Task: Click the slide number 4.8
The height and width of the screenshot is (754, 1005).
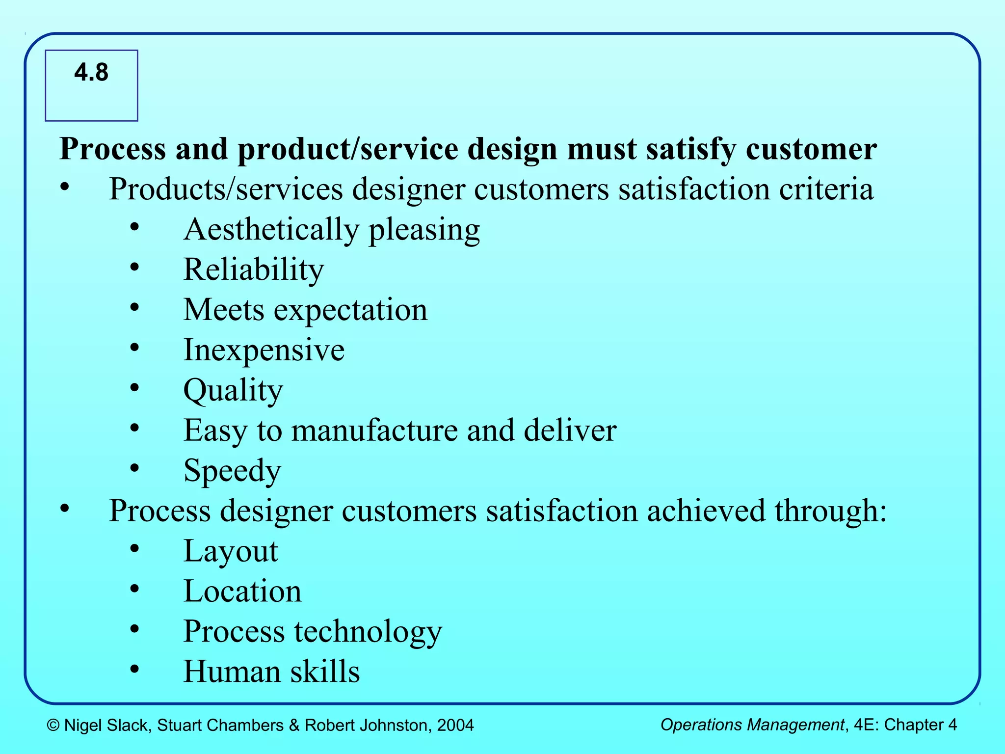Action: click(x=91, y=73)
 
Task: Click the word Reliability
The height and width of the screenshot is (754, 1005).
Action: click(x=254, y=269)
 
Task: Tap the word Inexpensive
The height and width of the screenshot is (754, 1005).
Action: click(x=264, y=350)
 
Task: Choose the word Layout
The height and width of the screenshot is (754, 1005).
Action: click(x=231, y=551)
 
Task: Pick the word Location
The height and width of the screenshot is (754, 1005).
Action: click(x=242, y=591)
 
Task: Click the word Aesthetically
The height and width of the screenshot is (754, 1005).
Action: click(x=271, y=230)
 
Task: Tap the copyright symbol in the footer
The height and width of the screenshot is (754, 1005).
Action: click(x=53, y=726)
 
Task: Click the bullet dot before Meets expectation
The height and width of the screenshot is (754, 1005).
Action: click(x=135, y=308)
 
